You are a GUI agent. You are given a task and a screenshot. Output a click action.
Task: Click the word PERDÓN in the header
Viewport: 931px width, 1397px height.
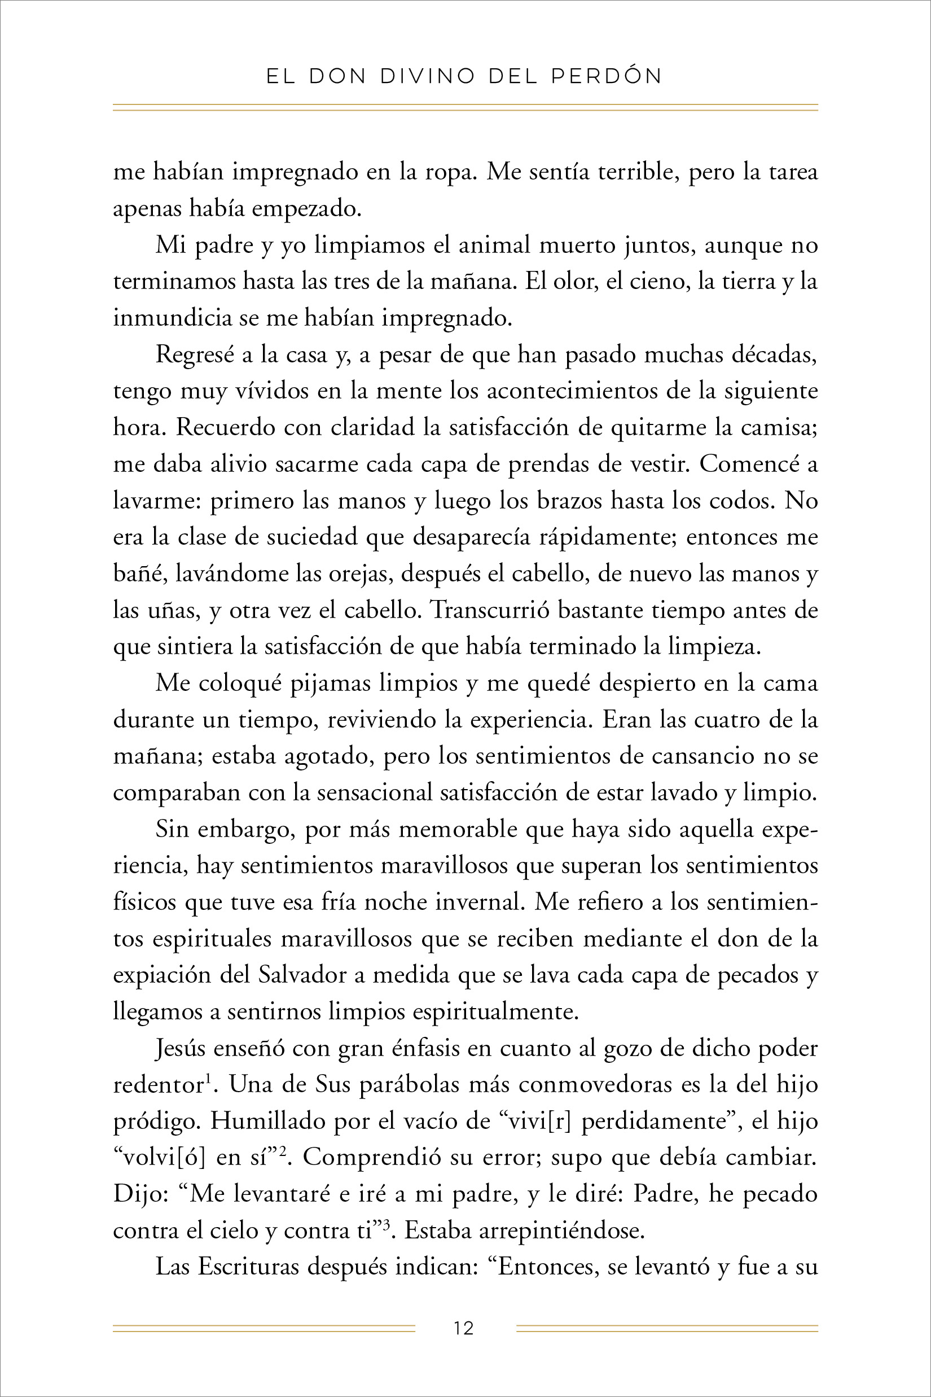tap(606, 76)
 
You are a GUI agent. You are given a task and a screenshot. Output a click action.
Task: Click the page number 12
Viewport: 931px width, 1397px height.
tap(464, 1328)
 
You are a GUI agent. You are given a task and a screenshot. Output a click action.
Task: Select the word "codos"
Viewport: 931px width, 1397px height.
tap(745, 501)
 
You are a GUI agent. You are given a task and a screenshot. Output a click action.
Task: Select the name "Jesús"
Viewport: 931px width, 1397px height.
tap(179, 1048)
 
